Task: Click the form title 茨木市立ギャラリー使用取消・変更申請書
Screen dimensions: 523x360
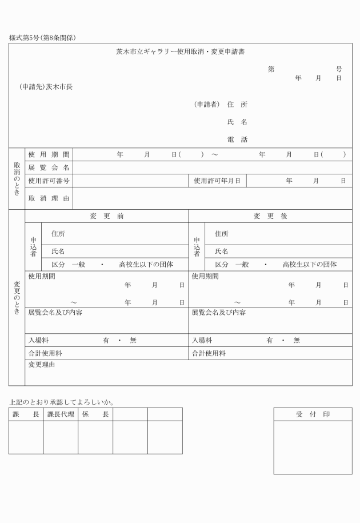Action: (x=180, y=52)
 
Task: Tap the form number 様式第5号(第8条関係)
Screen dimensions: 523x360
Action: (x=43, y=38)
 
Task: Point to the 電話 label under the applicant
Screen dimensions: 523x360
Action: (x=237, y=139)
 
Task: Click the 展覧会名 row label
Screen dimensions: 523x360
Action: (x=49, y=167)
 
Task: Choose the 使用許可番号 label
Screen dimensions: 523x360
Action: (x=49, y=181)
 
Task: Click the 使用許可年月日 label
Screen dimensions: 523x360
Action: (x=217, y=181)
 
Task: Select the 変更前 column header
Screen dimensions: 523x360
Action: (x=106, y=216)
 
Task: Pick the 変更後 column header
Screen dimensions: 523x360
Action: (x=270, y=216)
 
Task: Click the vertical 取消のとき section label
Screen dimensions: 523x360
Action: (x=17, y=178)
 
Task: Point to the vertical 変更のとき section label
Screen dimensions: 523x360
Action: (x=17, y=297)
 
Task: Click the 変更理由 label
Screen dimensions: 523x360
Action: (x=42, y=364)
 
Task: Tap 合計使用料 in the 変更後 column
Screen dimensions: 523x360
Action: (x=209, y=353)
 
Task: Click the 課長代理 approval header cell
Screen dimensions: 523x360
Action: (x=61, y=414)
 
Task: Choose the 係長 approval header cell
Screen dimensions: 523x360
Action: (x=95, y=414)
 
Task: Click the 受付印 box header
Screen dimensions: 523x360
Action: (x=313, y=414)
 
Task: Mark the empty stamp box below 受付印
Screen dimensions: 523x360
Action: (x=313, y=448)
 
